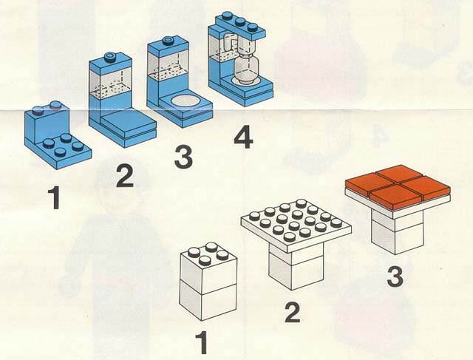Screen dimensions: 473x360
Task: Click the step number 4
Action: pos(243,137)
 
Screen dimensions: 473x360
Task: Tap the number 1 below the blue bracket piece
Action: pos(55,197)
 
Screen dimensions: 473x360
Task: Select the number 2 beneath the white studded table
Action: pos(293,313)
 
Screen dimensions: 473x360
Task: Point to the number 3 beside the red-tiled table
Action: pos(395,277)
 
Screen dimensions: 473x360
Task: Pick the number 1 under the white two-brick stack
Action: pos(203,342)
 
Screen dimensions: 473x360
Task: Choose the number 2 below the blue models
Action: pos(125,177)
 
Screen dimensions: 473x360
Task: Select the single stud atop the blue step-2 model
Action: pos(110,57)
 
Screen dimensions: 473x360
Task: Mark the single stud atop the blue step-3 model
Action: pos(168,41)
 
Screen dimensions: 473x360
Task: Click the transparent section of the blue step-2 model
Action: pos(111,79)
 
